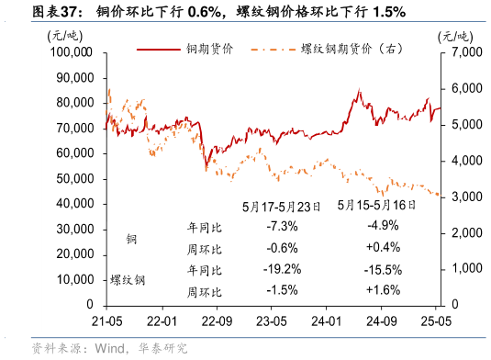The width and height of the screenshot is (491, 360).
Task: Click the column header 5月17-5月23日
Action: [x=282, y=208]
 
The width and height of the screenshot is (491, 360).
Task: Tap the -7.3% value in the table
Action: [x=282, y=226]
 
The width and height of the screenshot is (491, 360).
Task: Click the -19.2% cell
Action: [x=282, y=269]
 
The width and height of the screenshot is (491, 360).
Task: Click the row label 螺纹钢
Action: [x=128, y=279]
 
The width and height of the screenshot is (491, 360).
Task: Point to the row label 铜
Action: [x=132, y=239]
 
